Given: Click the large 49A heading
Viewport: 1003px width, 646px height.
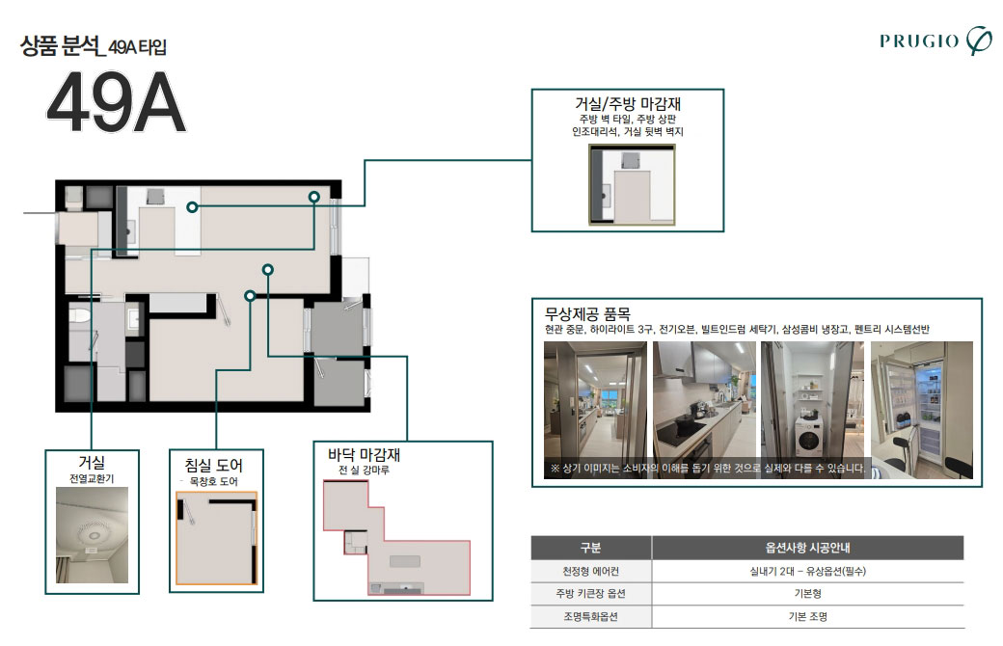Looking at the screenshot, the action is click(x=115, y=104).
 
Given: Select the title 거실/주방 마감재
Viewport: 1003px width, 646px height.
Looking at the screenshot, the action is click(x=628, y=103).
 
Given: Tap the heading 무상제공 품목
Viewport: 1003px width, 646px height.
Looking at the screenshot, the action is click(x=587, y=313).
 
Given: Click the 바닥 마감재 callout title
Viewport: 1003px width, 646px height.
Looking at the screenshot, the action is click(x=364, y=454).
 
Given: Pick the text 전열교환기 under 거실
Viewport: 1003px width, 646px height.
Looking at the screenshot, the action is click(x=92, y=478).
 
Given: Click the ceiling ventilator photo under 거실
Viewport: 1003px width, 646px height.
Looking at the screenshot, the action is click(x=92, y=535).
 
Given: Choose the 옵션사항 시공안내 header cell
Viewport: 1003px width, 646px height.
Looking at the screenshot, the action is click(x=806, y=548).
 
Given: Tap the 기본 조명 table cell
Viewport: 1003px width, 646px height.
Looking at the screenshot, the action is click(x=806, y=617).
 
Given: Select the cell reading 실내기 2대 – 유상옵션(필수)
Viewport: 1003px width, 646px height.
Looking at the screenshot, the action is click(x=806, y=571).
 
